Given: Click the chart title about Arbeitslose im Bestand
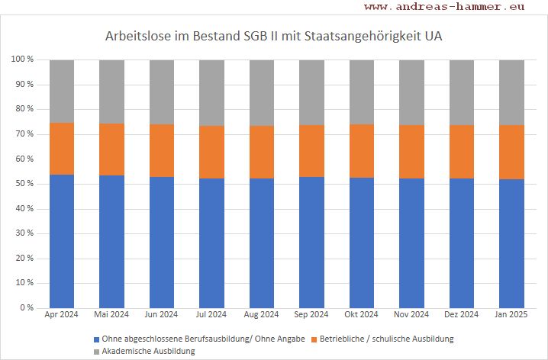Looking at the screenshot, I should pyautogui.click(x=273, y=36).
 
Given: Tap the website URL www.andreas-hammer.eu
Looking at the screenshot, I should pyautogui.click(x=444, y=7).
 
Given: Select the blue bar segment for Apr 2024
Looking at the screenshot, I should pyautogui.click(x=62, y=241).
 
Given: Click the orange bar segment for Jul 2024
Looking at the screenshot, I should pyautogui.click(x=211, y=152).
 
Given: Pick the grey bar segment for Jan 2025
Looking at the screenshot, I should pyautogui.click(x=511, y=92).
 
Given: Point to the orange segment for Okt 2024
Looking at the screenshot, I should pyautogui.click(x=362, y=151).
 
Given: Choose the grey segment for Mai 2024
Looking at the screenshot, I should pyautogui.click(x=111, y=92).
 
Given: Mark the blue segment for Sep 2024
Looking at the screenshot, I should pyautogui.click(x=311, y=242).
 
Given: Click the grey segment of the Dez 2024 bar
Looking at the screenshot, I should pyautogui.click(x=462, y=92).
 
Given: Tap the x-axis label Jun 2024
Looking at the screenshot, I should pyautogui.click(x=162, y=314).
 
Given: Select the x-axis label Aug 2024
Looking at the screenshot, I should pyautogui.click(x=262, y=314).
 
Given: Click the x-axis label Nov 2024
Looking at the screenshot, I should pyautogui.click(x=411, y=314).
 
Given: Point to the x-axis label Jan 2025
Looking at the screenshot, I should pyautogui.click(x=511, y=314).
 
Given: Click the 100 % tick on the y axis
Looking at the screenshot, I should pyautogui.click(x=22, y=59).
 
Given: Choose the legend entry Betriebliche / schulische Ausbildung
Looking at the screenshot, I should pyautogui.click(x=393, y=339).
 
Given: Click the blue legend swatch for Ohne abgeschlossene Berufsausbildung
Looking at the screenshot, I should pyautogui.click(x=96, y=339).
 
